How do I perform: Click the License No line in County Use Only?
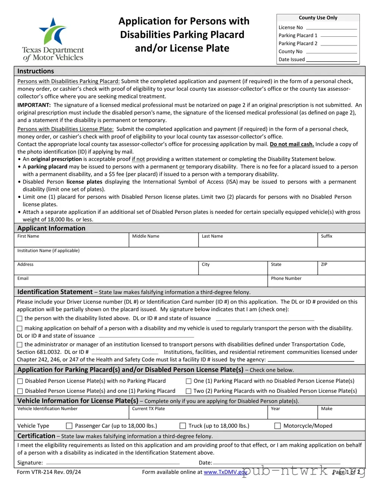click(331, 28)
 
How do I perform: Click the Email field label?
click(23, 279)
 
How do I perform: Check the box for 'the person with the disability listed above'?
click(20, 319)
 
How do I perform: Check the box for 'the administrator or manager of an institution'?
click(20, 345)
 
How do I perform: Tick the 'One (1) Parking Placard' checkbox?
click(188, 381)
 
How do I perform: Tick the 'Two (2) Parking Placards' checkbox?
click(188, 391)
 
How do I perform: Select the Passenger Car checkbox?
click(69, 426)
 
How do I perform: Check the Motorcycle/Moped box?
click(277, 426)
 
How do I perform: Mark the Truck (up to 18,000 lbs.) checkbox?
click(183, 426)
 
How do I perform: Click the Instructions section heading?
click(36, 71)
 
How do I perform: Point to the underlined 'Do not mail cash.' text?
click(292, 144)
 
